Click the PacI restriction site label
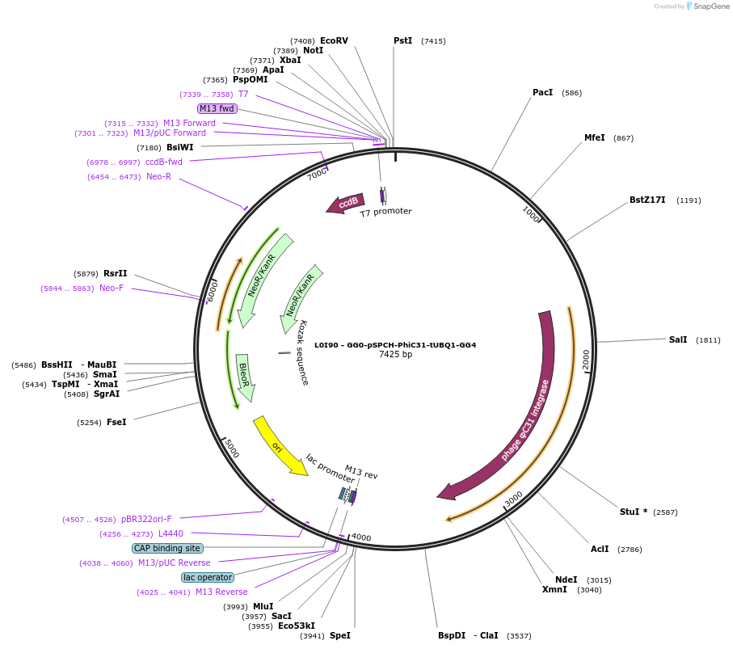pos(542,93)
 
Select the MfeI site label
pos(594,138)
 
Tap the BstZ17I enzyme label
pos(647,200)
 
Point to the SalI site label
pos(678,340)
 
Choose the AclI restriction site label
pos(600,550)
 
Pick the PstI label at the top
pos(402,41)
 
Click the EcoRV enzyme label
pos(334,40)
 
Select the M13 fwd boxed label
pos(217,108)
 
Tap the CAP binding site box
pos(167,548)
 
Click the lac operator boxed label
pos(208,577)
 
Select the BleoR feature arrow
pos(245,377)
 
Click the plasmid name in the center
pos(395,345)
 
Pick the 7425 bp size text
pos(395,355)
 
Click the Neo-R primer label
pos(158,177)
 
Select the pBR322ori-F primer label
pos(146,519)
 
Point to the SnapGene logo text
pos(711,6)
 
